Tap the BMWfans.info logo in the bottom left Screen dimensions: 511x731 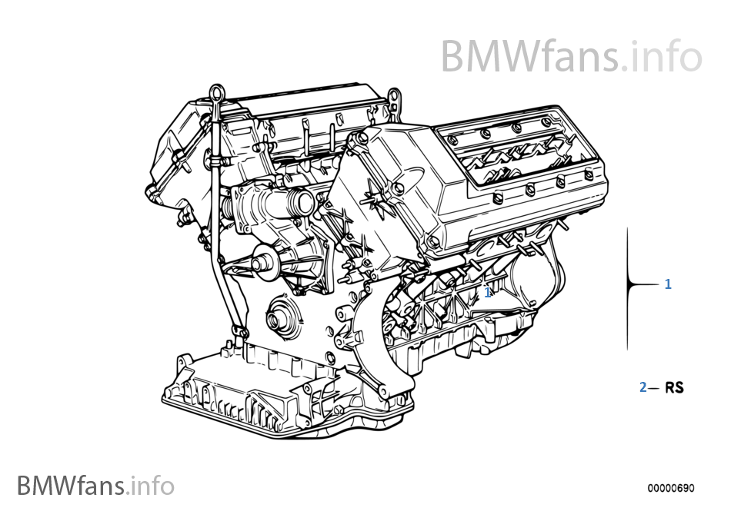(x=95, y=486)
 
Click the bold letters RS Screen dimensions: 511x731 (x=674, y=388)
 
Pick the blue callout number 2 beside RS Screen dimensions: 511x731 (x=643, y=388)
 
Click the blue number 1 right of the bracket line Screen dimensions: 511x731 (x=668, y=284)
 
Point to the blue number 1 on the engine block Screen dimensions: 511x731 (x=487, y=292)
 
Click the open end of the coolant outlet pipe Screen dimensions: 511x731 (x=305, y=204)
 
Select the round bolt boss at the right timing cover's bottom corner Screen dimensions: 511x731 (x=434, y=244)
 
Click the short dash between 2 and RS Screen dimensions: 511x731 (x=654, y=388)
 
